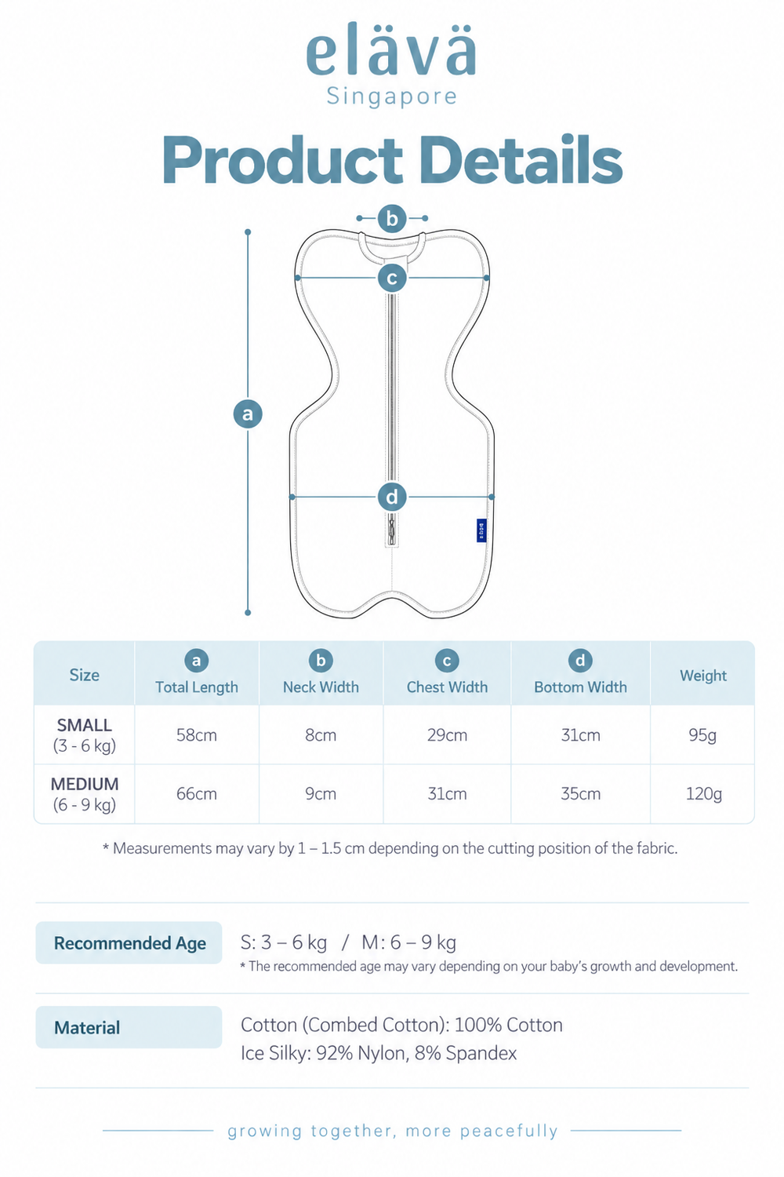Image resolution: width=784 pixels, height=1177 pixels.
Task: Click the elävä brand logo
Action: tap(391, 49)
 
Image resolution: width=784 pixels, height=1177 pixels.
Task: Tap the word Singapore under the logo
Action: tap(392, 97)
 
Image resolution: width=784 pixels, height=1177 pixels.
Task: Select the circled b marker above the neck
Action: tap(392, 218)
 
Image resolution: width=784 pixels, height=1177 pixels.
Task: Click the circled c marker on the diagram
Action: tap(392, 278)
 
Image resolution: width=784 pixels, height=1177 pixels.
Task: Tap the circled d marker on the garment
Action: tap(392, 497)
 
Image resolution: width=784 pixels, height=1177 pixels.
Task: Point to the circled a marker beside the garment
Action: tap(248, 414)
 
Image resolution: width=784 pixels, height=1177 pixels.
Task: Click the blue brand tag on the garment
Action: tap(481, 530)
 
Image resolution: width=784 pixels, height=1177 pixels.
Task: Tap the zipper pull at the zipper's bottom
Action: tap(392, 530)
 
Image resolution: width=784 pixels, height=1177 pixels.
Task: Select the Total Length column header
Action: tap(197, 687)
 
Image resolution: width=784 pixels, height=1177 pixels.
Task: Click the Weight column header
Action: tap(703, 675)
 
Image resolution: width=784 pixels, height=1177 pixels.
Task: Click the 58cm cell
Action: tap(197, 734)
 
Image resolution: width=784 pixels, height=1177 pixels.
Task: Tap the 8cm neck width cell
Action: tap(321, 734)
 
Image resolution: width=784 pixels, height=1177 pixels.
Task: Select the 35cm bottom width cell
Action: tap(580, 793)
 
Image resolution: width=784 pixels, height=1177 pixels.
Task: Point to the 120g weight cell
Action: tap(704, 793)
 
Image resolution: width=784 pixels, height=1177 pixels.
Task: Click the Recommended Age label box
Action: tap(129, 942)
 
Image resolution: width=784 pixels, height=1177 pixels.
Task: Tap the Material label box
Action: tap(129, 1027)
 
